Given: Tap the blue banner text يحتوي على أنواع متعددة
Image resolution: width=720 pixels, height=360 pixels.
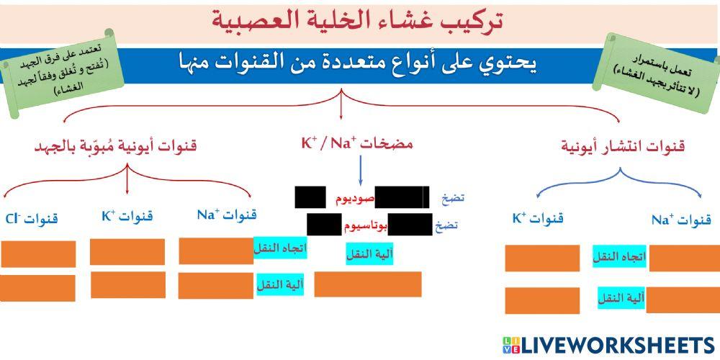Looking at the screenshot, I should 358,63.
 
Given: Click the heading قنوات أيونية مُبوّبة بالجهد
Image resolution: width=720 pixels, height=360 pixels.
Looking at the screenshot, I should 116,147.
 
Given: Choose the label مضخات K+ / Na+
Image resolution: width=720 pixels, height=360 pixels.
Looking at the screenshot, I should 356,143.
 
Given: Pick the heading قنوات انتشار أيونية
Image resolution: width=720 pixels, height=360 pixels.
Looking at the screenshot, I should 623,147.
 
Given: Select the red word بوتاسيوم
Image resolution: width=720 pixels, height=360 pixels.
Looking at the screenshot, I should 364,225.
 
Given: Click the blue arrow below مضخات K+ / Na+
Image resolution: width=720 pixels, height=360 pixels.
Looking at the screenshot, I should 359,170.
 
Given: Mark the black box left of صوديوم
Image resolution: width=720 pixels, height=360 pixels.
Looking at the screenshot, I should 310,197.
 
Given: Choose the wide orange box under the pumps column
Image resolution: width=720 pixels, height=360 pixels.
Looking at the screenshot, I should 368,284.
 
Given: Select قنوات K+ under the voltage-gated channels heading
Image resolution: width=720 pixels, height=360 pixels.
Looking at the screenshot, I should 127,216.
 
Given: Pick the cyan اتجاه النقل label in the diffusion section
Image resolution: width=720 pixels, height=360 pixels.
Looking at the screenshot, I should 620,256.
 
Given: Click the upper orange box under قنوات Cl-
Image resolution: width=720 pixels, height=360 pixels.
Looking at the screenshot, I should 38,253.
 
